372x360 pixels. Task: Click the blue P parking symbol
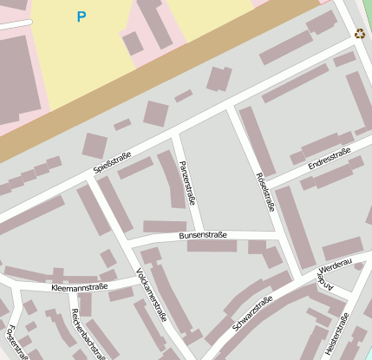click(82, 16)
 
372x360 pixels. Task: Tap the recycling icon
click(359, 34)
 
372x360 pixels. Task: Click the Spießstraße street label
click(113, 163)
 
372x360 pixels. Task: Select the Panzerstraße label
click(187, 182)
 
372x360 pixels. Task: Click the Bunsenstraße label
click(203, 234)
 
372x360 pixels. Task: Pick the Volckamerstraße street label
click(151, 295)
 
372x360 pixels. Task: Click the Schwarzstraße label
click(252, 313)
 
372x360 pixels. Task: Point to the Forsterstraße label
click(17, 341)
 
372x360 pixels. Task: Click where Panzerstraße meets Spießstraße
click(174, 135)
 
